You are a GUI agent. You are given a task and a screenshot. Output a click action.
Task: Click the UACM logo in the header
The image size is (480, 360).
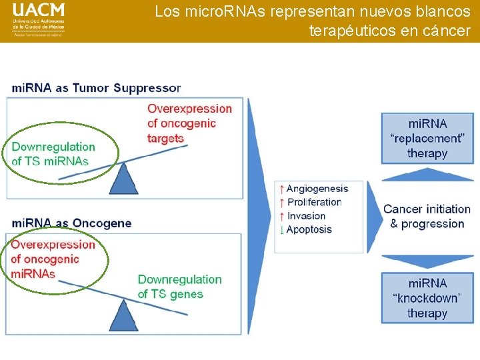(39, 20)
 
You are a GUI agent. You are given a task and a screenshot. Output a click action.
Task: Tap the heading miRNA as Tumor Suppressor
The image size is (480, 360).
(96, 88)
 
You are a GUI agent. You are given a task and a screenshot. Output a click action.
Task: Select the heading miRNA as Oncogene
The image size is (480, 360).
(72, 223)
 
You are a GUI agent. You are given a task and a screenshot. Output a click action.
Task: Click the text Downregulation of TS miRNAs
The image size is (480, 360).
(53, 154)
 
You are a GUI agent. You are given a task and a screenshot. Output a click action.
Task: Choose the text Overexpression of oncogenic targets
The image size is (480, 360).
(189, 123)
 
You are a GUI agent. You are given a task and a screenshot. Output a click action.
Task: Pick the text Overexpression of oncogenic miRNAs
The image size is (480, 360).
(53, 259)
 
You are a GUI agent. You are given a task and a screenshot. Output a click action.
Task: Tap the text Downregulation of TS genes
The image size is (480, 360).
(179, 287)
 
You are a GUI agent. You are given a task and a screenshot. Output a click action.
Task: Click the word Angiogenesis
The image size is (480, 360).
(317, 189)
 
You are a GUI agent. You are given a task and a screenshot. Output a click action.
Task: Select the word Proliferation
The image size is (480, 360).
(314, 203)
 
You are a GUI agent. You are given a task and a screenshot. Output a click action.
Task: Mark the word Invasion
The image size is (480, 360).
(306, 216)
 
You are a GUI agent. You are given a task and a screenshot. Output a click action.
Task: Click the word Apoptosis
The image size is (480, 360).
(309, 229)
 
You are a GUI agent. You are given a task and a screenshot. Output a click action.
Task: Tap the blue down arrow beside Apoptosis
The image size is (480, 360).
(282, 229)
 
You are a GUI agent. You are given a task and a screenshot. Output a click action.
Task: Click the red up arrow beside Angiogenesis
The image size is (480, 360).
(282, 189)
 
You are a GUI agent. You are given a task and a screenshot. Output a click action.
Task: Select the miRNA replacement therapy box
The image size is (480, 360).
(427, 138)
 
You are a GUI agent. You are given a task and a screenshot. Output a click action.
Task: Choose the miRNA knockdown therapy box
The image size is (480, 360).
(427, 298)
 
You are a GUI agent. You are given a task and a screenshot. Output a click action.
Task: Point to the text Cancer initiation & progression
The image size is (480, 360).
(427, 217)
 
